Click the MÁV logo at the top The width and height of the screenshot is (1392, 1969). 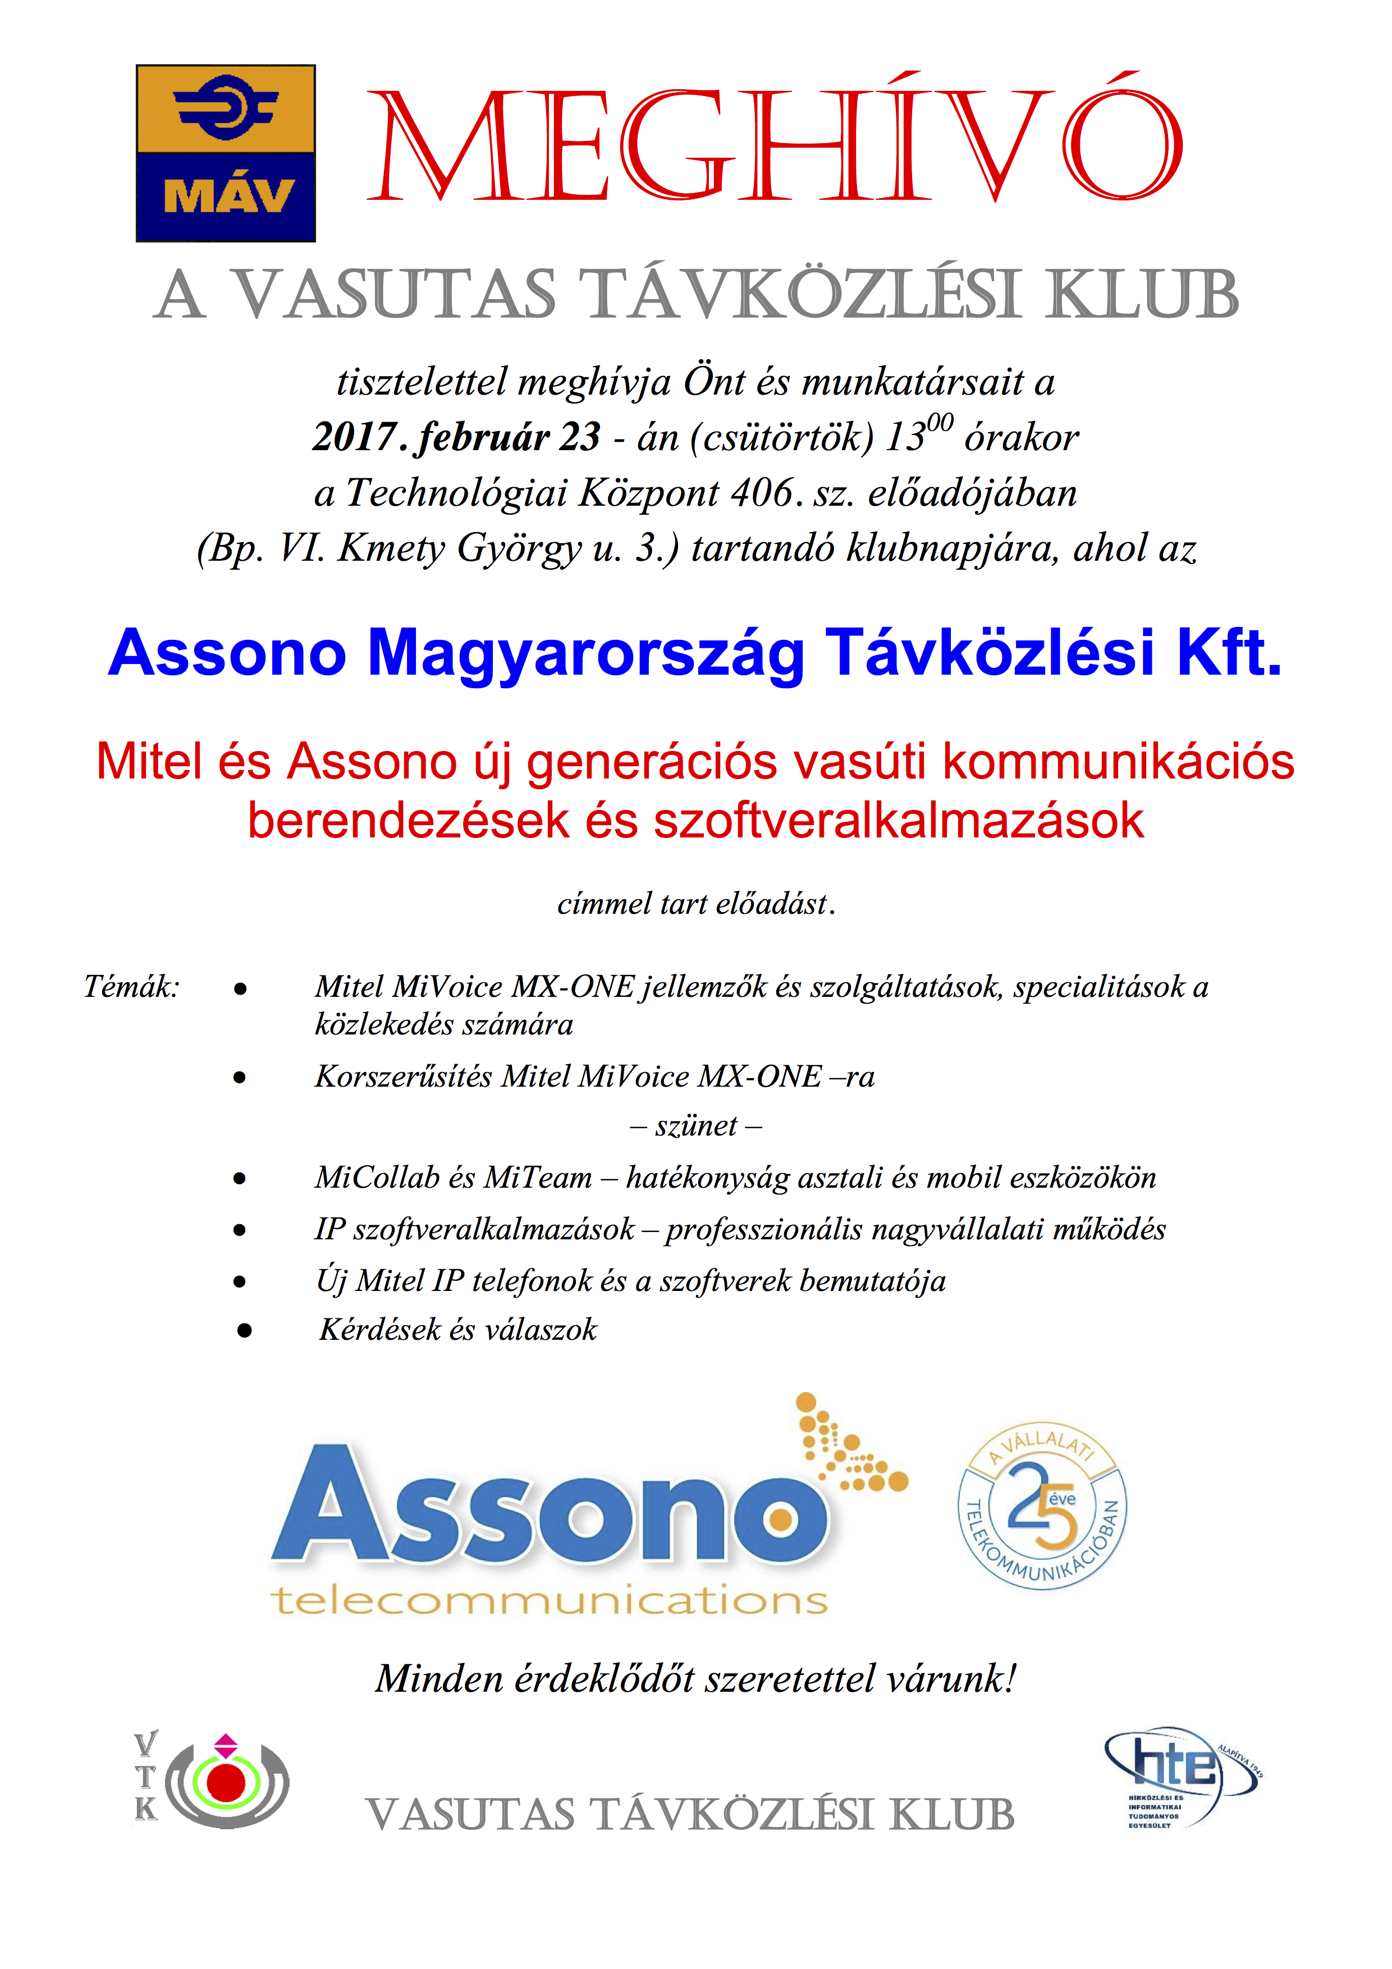[226, 153]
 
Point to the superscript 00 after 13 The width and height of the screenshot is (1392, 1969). [940, 422]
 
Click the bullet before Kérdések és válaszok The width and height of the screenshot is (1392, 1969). [244, 1330]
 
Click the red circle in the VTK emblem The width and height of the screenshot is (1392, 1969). [226, 1783]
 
